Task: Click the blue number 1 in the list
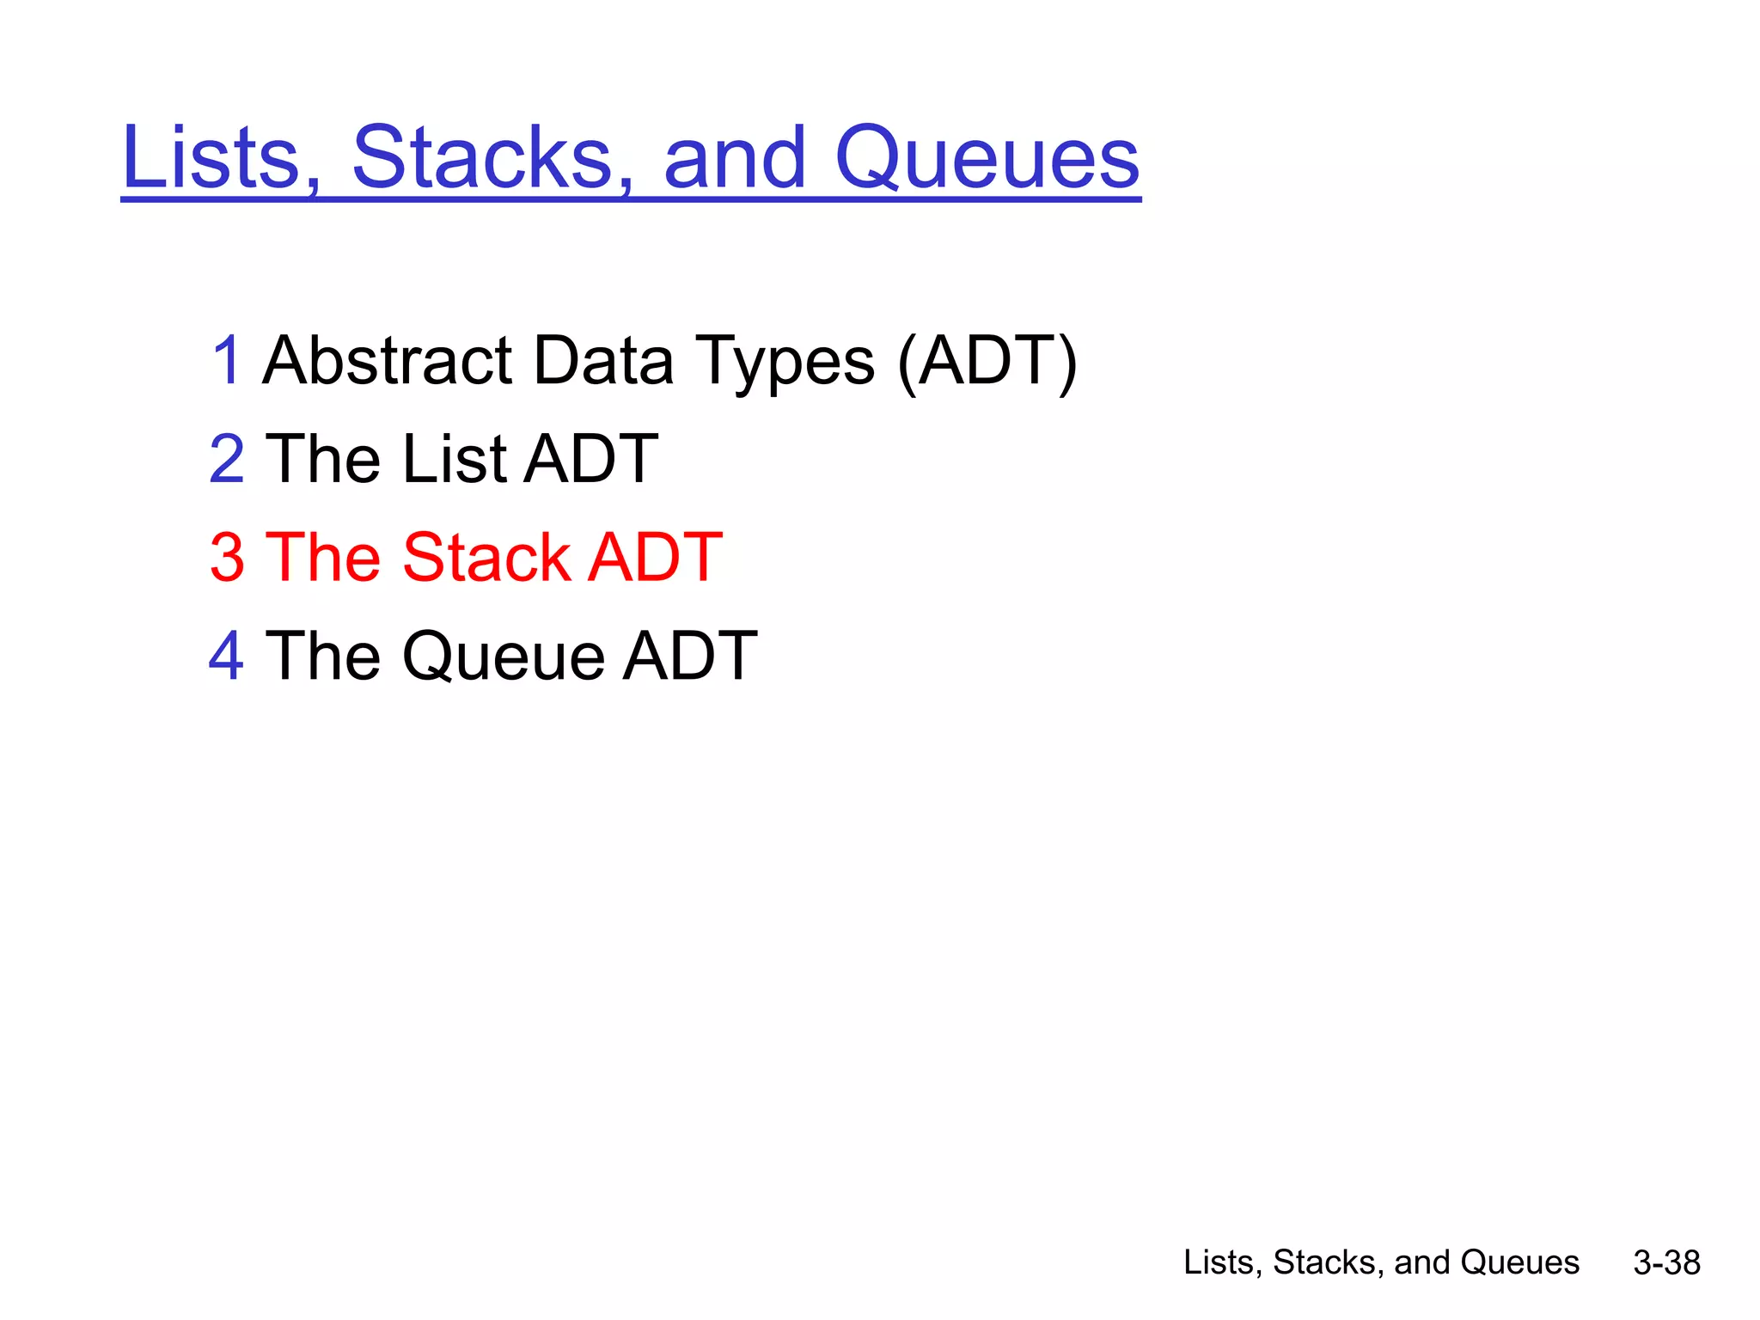click(226, 360)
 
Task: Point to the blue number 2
click(227, 459)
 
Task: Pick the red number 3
click(227, 558)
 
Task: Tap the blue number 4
click(226, 657)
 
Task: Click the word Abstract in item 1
click(388, 360)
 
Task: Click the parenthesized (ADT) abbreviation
click(987, 362)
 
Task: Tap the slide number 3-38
click(1666, 1262)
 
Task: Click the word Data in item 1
click(603, 360)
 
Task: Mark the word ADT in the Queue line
click(689, 657)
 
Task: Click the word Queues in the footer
click(1519, 1262)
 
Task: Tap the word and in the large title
click(735, 158)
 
